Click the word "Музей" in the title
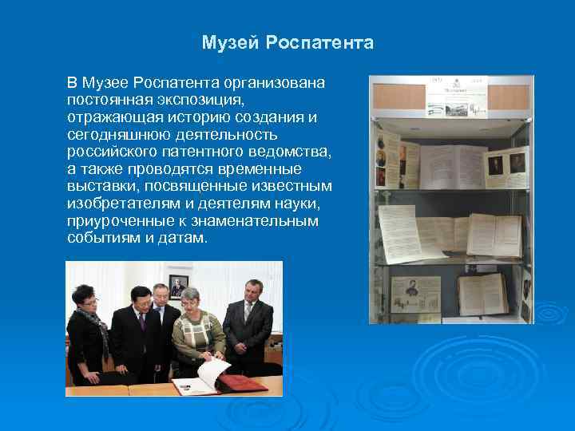(226, 42)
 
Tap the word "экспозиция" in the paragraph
(202, 100)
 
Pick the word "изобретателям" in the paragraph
(117, 204)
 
